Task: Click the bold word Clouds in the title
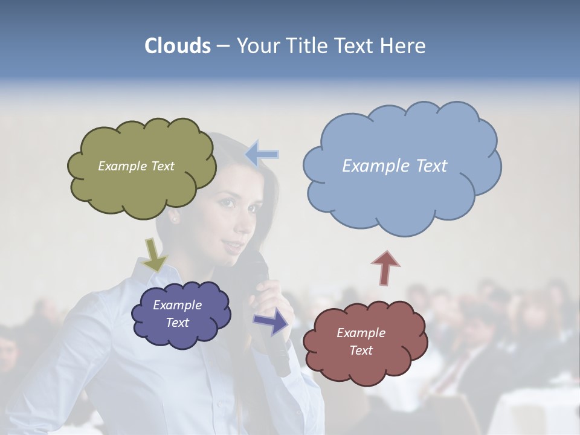[x=178, y=46]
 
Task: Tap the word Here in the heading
[x=405, y=46]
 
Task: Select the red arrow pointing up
[x=385, y=267]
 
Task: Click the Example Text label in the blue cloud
[x=395, y=166]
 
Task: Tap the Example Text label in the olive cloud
[x=136, y=166]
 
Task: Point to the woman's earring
[x=176, y=219]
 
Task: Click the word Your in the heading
[x=257, y=46]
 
